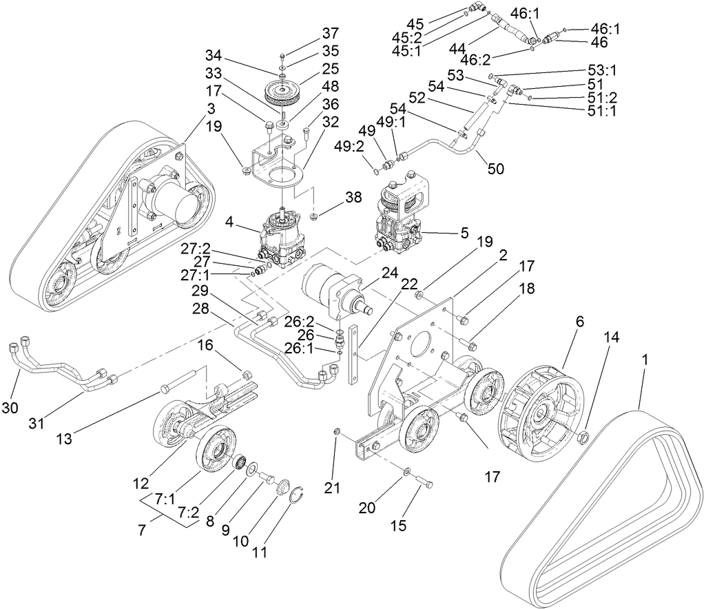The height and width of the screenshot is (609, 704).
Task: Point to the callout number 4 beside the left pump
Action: pyautogui.click(x=233, y=223)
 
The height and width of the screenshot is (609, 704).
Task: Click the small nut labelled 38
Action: pyautogui.click(x=313, y=218)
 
